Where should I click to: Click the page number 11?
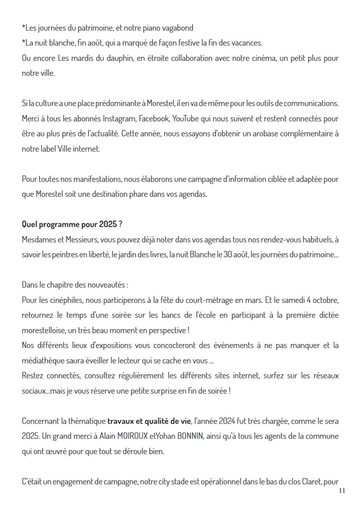point(342,491)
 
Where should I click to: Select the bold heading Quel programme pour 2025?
point(69,224)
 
